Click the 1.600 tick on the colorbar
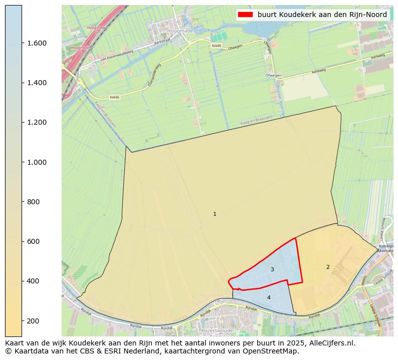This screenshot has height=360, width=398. [x=36, y=43]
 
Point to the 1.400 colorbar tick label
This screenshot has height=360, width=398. [x=36, y=83]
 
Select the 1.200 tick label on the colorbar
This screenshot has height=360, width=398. [x=36, y=122]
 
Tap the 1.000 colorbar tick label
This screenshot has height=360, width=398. [x=36, y=162]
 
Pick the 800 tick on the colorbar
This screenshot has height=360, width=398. [x=33, y=202]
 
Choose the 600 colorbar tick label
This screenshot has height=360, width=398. [x=33, y=241]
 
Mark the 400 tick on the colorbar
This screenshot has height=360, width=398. [x=33, y=281]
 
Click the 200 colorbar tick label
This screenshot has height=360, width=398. [x=33, y=320]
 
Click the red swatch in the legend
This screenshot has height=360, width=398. [x=245, y=15]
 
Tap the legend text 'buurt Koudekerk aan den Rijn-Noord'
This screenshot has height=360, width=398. [x=322, y=15]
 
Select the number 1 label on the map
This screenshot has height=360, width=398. [x=215, y=214]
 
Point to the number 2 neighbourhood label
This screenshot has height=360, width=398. [x=328, y=267]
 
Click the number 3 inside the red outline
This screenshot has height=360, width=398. [x=272, y=269]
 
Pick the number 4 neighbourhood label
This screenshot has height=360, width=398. [x=269, y=297]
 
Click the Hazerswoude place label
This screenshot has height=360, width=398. [x=216, y=331]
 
